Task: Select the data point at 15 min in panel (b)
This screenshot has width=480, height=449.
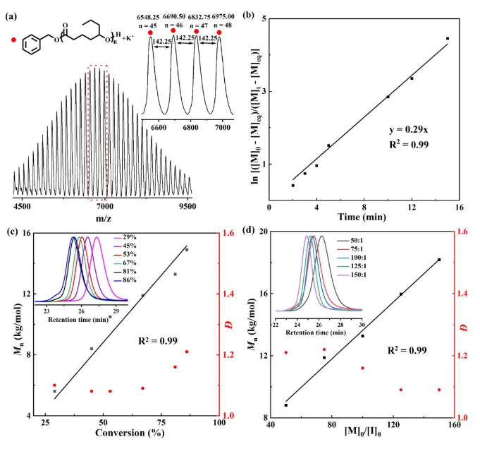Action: pyautogui.click(x=448, y=39)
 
